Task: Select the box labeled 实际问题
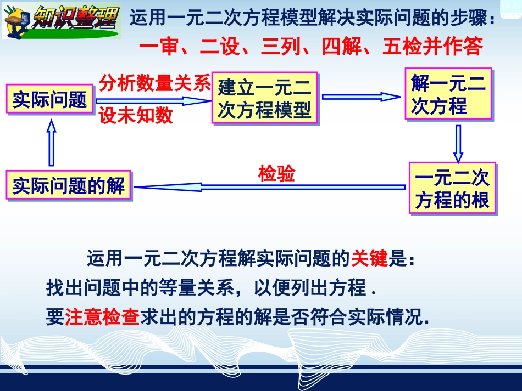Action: coord(50,99)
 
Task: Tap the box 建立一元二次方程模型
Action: coord(264,98)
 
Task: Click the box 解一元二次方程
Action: coord(448,94)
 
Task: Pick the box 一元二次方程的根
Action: coord(452,188)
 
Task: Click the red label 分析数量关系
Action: coord(154,83)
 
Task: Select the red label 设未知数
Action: coord(136,116)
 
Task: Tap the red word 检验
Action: coord(276,173)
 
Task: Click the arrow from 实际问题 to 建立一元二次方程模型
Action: coord(153,100)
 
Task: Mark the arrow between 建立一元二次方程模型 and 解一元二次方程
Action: coord(361,97)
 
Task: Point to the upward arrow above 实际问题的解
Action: coord(52,144)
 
